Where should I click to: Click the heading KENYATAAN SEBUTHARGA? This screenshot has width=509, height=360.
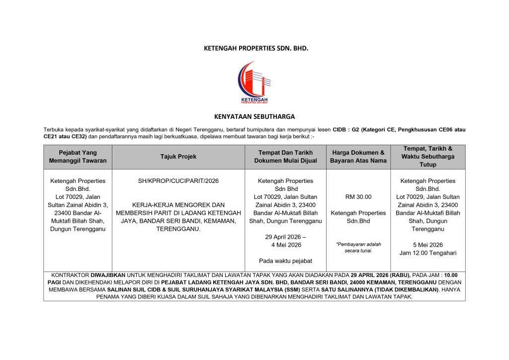[254, 117]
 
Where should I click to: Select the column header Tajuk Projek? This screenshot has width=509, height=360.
[178, 157]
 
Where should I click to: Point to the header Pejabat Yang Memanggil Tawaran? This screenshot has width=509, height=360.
[78, 157]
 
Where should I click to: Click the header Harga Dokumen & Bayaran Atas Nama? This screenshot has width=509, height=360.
[358, 157]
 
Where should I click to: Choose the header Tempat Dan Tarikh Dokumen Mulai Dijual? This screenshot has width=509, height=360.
[285, 157]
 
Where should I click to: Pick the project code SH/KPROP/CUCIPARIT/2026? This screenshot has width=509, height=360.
[178, 181]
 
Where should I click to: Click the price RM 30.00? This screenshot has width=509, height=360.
[358, 197]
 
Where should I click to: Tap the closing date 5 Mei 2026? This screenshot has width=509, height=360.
[427, 245]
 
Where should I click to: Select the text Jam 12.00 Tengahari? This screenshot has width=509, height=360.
[427, 253]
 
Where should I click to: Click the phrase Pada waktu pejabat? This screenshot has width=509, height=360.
[285, 261]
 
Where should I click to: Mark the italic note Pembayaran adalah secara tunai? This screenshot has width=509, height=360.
[358, 248]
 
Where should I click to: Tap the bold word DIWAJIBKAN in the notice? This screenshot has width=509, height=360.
[106, 275]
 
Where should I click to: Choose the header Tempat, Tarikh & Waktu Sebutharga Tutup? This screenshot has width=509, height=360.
[427, 157]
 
